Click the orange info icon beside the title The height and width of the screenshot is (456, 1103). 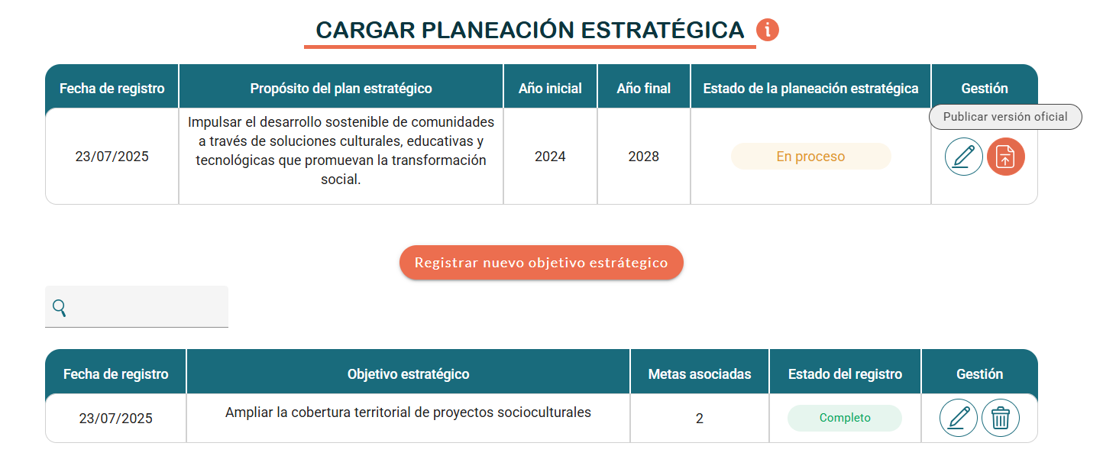point(767,30)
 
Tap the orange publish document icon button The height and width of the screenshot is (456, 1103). point(1005,157)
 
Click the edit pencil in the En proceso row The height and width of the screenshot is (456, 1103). point(964,157)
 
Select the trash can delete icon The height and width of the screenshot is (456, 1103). point(1001,418)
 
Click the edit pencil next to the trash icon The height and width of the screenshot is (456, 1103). point(958,418)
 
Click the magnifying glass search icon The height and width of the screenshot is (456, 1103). point(59,308)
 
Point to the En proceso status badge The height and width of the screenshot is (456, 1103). point(811,157)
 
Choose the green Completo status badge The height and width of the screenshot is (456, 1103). point(845,418)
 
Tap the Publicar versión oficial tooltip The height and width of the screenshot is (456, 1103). point(1005,117)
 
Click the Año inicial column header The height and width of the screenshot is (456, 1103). point(550,88)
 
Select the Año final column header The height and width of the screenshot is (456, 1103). point(644,88)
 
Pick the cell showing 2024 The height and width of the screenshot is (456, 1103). point(550,157)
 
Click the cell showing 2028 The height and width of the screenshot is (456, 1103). point(644,157)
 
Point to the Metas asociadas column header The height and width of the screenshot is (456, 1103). point(700,374)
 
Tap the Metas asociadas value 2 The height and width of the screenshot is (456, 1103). point(699,419)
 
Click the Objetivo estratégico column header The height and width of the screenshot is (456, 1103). point(408,374)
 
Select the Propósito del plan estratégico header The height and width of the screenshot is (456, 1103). point(341,88)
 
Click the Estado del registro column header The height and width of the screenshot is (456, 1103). point(845,374)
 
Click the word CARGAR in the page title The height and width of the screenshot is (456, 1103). point(365,30)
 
